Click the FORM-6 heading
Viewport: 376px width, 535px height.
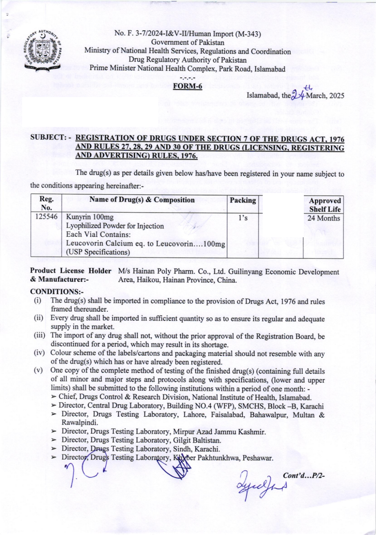(x=188, y=86)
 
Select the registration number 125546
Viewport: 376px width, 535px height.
(x=46, y=217)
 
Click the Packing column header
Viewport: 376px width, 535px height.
(x=243, y=200)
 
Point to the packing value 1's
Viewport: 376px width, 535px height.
(x=243, y=218)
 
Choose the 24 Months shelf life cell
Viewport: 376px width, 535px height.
(x=323, y=218)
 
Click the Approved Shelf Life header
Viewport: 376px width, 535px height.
(x=324, y=205)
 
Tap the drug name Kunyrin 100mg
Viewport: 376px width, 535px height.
(x=90, y=217)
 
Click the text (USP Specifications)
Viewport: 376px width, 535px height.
(x=98, y=252)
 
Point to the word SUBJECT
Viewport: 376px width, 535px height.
(x=48, y=138)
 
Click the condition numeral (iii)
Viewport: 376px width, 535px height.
(x=39, y=335)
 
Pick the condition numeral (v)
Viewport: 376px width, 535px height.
(x=38, y=370)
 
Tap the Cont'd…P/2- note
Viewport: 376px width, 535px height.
(x=304, y=475)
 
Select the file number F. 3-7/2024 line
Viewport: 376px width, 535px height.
(x=188, y=34)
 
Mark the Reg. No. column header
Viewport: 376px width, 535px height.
(x=46, y=203)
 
